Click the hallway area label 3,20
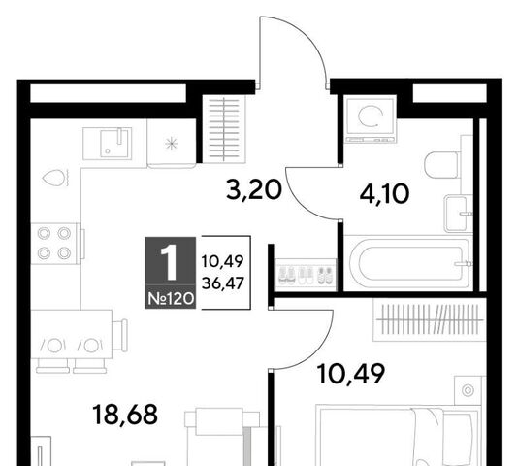click(x=254, y=190)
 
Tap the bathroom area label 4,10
click(x=384, y=194)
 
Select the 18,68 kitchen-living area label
click(x=125, y=415)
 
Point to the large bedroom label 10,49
click(x=350, y=373)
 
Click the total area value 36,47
click(x=223, y=283)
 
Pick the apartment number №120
click(x=171, y=299)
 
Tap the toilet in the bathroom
click(x=441, y=165)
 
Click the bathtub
click(x=408, y=263)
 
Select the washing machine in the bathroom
click(x=371, y=119)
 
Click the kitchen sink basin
click(x=114, y=144)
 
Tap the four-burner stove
click(x=55, y=244)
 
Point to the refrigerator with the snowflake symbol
click(x=171, y=144)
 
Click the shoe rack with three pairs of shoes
click(x=306, y=276)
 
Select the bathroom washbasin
click(x=456, y=214)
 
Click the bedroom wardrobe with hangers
click(x=430, y=319)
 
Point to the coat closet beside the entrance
click(x=224, y=129)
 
